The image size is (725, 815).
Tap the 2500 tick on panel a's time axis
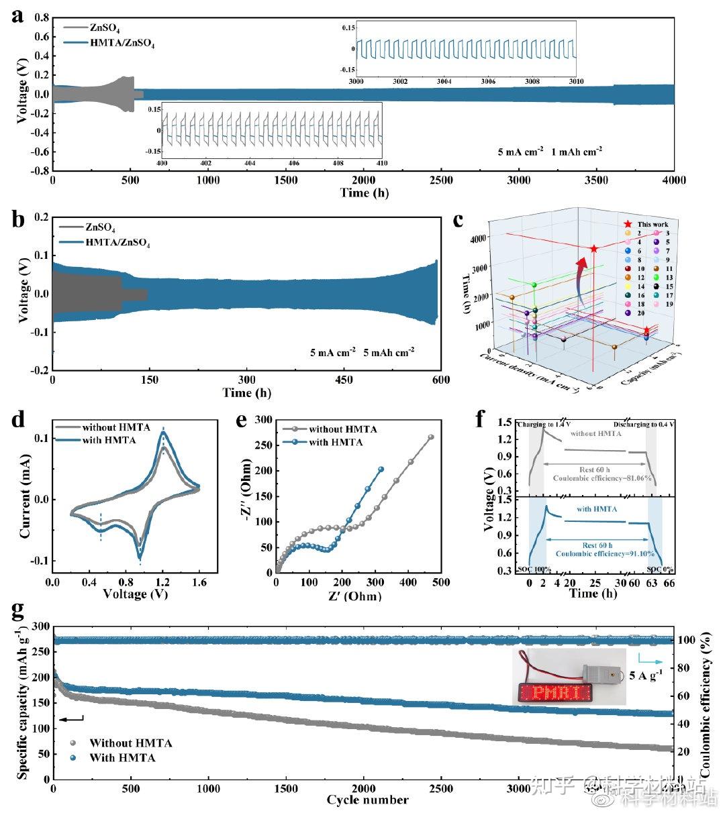click(441, 181)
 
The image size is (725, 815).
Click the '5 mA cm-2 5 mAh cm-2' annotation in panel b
click(362, 351)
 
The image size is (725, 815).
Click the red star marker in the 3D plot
click(594, 249)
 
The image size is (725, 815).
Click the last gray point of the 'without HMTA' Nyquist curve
click(431, 437)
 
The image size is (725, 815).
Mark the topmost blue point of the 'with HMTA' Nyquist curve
click(381, 469)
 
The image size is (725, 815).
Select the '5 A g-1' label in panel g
click(645, 675)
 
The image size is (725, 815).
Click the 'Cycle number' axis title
click(367, 800)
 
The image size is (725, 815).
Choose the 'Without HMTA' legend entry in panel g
click(130, 743)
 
